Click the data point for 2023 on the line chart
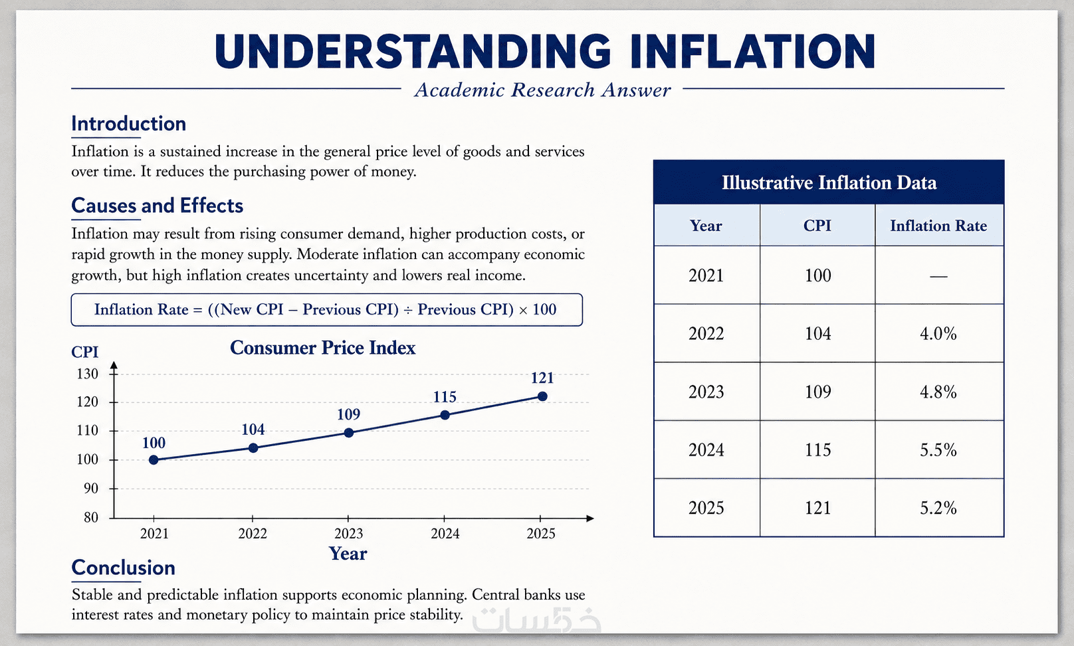[349, 433]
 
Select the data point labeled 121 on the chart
[542, 396]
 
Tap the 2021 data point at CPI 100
[154, 459]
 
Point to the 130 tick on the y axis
[87, 374]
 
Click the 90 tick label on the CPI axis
[90, 489]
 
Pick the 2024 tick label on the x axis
[445, 534]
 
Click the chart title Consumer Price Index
[323, 348]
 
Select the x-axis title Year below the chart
[348, 554]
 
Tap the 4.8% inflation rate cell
[938, 392]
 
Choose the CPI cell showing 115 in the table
[817, 449]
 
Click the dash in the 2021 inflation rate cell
[938, 276]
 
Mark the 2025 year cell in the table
[706, 508]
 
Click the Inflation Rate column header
[938, 226]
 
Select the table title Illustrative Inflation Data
[829, 183]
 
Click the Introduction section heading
[128, 123]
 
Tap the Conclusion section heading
[123, 568]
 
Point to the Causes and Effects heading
[158, 205]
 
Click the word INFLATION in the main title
[753, 52]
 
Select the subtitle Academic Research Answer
[542, 90]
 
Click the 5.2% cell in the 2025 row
[938, 508]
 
